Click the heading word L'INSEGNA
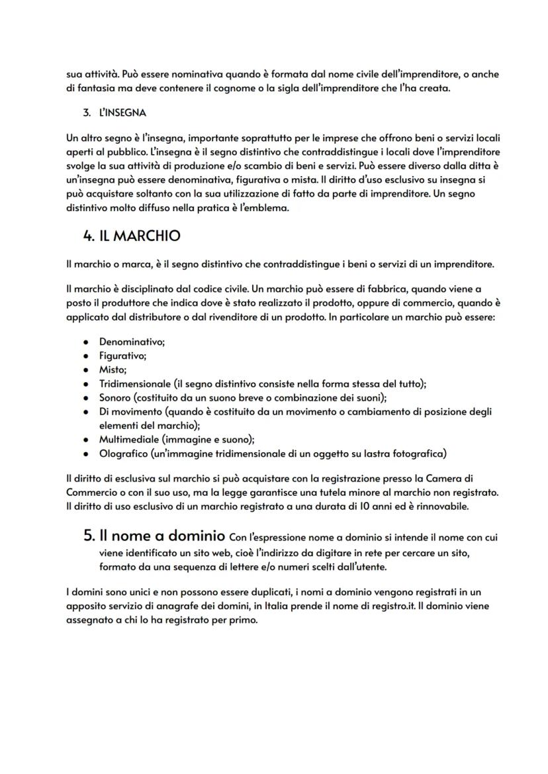(122, 113)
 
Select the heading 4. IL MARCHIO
(132, 236)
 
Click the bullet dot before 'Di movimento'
(86, 412)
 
